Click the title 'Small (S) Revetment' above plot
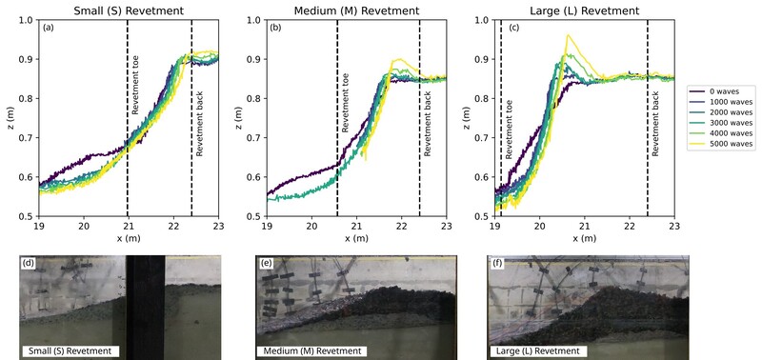(x=128, y=9)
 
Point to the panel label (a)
(x=48, y=28)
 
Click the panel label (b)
(x=275, y=28)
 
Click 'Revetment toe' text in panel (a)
(x=135, y=93)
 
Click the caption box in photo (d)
(x=70, y=351)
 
